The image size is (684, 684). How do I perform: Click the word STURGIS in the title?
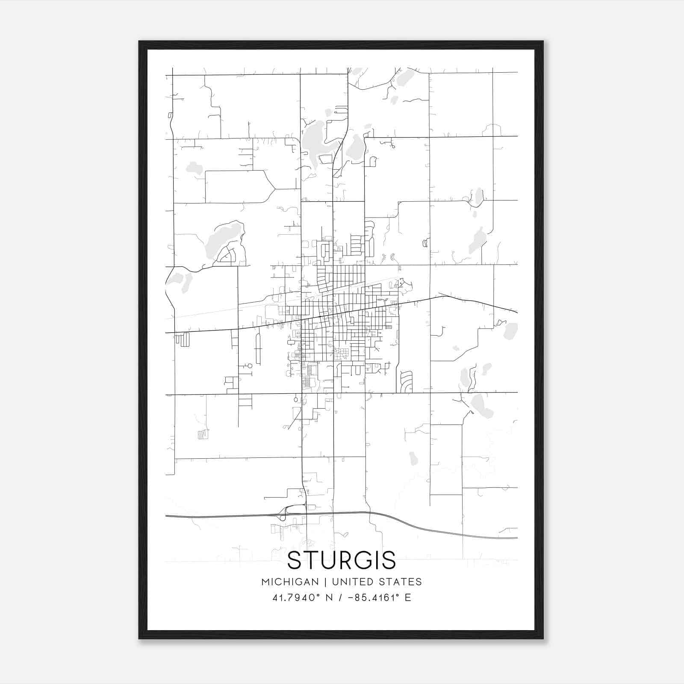342,560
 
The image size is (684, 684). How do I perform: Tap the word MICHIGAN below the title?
290,582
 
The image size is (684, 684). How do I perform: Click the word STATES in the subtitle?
401,582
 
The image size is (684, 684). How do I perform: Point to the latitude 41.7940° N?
302,598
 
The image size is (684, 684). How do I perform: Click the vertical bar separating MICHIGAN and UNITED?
325,582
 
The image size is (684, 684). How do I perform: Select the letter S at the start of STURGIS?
295,560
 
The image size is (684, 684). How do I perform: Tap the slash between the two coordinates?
340,598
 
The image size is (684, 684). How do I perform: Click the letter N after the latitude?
329,598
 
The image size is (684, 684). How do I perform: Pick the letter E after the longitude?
408,598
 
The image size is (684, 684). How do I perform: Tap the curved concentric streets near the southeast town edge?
406,381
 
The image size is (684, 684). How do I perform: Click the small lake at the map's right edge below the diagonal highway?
510,331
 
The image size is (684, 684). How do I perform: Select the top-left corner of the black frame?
140,42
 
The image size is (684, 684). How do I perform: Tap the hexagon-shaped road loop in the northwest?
239,186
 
